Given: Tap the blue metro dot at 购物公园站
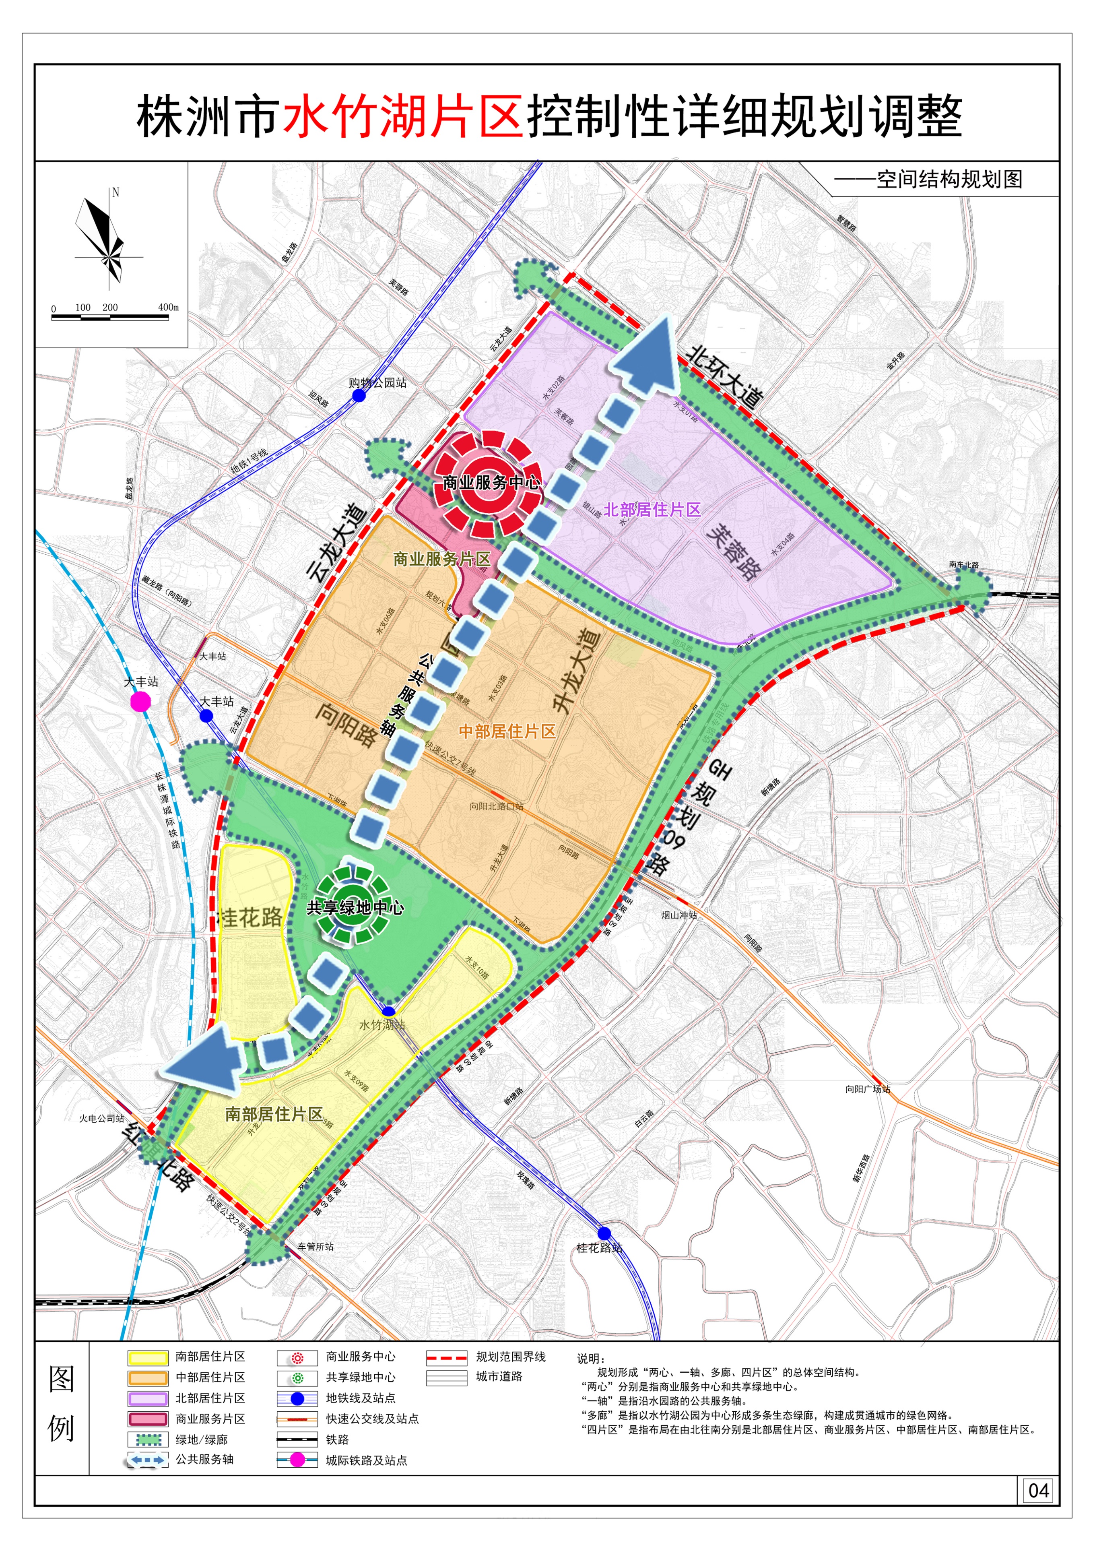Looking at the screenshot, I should (x=359, y=396).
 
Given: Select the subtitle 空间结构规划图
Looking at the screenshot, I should (x=949, y=180).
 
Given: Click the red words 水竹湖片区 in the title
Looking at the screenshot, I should (x=402, y=116).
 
